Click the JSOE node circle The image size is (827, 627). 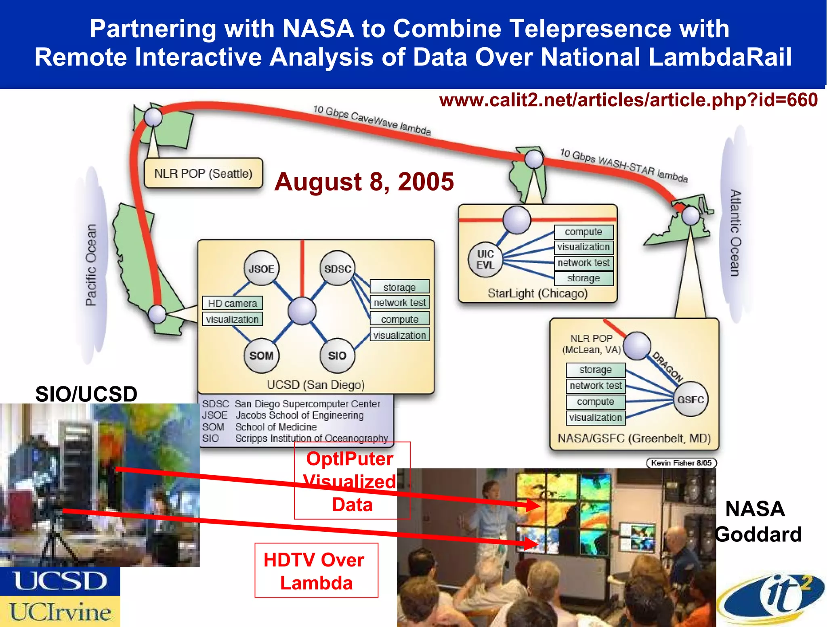point(261,268)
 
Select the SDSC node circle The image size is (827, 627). point(338,268)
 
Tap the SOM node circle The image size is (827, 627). point(261,355)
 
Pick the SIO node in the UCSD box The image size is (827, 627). point(337,355)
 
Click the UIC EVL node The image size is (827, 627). point(485,260)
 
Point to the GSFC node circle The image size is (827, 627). point(691,399)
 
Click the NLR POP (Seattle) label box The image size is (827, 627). point(204,173)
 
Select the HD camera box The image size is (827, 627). point(233,303)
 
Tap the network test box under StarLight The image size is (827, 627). point(584,263)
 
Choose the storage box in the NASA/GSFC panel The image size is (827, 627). point(596,369)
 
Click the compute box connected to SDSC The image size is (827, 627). point(399,319)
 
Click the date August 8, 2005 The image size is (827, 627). point(364,181)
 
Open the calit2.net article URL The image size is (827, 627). point(628,100)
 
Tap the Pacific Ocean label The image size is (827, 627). point(91,265)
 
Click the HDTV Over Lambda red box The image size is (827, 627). point(316,570)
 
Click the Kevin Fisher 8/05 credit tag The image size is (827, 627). point(681,463)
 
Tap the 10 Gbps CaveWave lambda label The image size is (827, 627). point(372,120)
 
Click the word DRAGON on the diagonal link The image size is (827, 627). point(667,367)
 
